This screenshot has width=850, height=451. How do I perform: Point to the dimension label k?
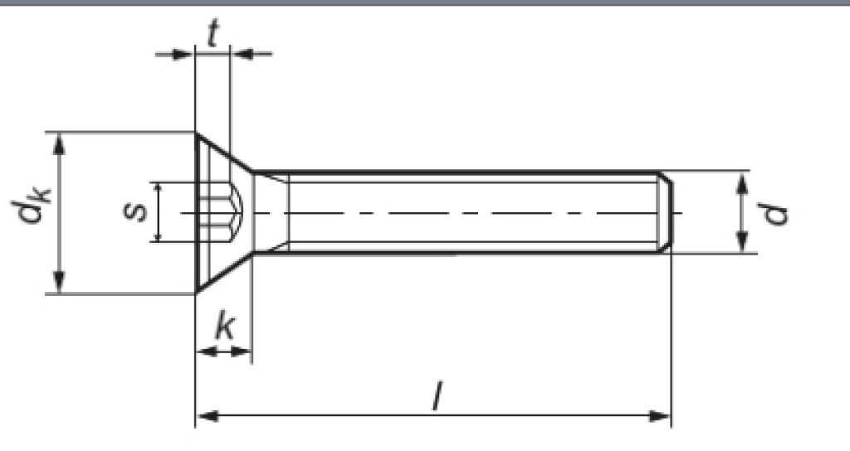(x=223, y=328)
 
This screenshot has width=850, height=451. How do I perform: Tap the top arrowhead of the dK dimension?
(x=59, y=142)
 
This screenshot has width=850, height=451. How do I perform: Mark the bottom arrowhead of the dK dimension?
(x=59, y=283)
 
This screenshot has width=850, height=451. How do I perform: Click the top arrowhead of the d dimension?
(x=744, y=181)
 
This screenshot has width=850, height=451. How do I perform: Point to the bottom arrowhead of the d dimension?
(x=744, y=243)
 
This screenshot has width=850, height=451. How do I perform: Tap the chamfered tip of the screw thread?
(x=666, y=212)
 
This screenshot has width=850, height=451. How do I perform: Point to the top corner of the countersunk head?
(x=197, y=133)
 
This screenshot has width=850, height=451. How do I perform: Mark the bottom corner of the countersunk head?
(x=197, y=292)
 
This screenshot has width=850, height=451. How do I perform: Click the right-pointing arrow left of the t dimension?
(x=184, y=55)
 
